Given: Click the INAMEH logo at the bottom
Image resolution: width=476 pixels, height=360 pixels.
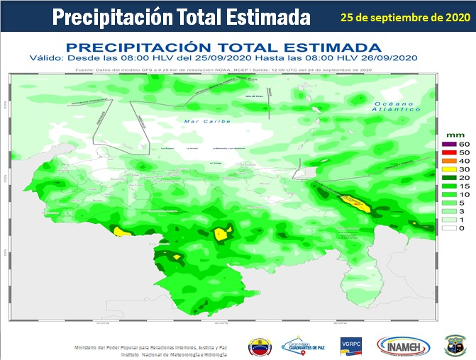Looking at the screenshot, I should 404,347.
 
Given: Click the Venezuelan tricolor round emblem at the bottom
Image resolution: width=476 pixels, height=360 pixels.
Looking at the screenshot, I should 259,347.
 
